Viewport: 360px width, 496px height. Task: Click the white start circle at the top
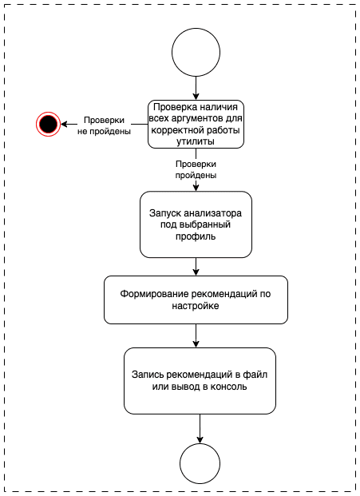point(196,53)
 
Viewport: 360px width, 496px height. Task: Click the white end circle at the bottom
point(200,463)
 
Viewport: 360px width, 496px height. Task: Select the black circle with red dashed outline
point(47,123)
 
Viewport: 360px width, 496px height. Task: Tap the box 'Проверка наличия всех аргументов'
point(196,123)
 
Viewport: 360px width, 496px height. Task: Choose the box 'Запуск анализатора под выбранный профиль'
point(196,224)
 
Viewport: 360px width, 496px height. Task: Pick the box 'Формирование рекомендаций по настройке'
point(196,300)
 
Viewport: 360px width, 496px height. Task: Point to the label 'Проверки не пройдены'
point(105,125)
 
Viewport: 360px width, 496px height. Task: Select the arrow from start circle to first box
point(196,88)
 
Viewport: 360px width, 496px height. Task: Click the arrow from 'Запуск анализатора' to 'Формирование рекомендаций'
point(196,267)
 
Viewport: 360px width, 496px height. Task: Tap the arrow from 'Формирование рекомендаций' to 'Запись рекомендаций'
point(196,335)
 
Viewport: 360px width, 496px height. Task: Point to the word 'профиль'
point(196,237)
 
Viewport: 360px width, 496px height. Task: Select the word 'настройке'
point(196,306)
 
